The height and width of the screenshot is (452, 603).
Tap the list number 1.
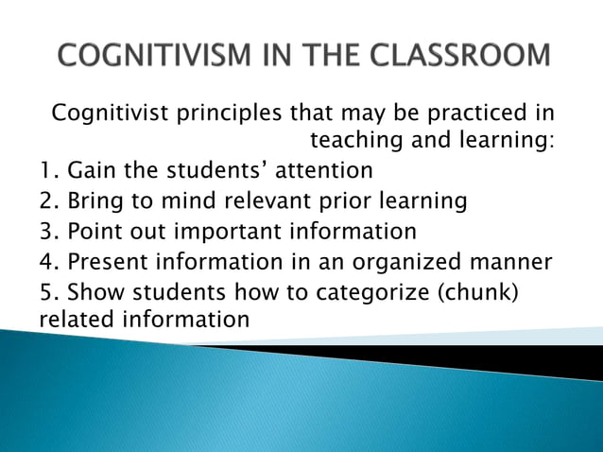[x=48, y=172]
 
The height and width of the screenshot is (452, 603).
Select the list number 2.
[x=49, y=201]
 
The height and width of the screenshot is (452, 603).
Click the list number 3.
[x=49, y=231]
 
